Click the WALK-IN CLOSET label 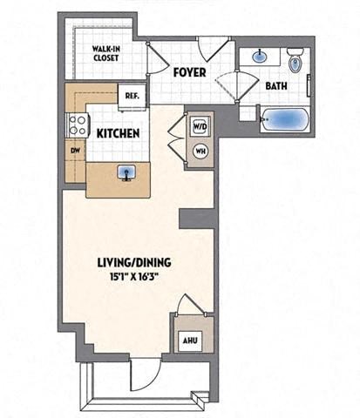click(x=107, y=54)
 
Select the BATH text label click(x=276, y=86)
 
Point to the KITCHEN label click(x=119, y=133)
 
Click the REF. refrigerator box click(x=133, y=96)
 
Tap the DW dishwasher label click(x=75, y=149)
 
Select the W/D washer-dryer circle click(x=199, y=125)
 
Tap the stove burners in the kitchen click(x=74, y=124)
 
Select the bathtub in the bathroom click(x=281, y=120)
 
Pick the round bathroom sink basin click(x=261, y=58)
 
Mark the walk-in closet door click(x=154, y=58)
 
